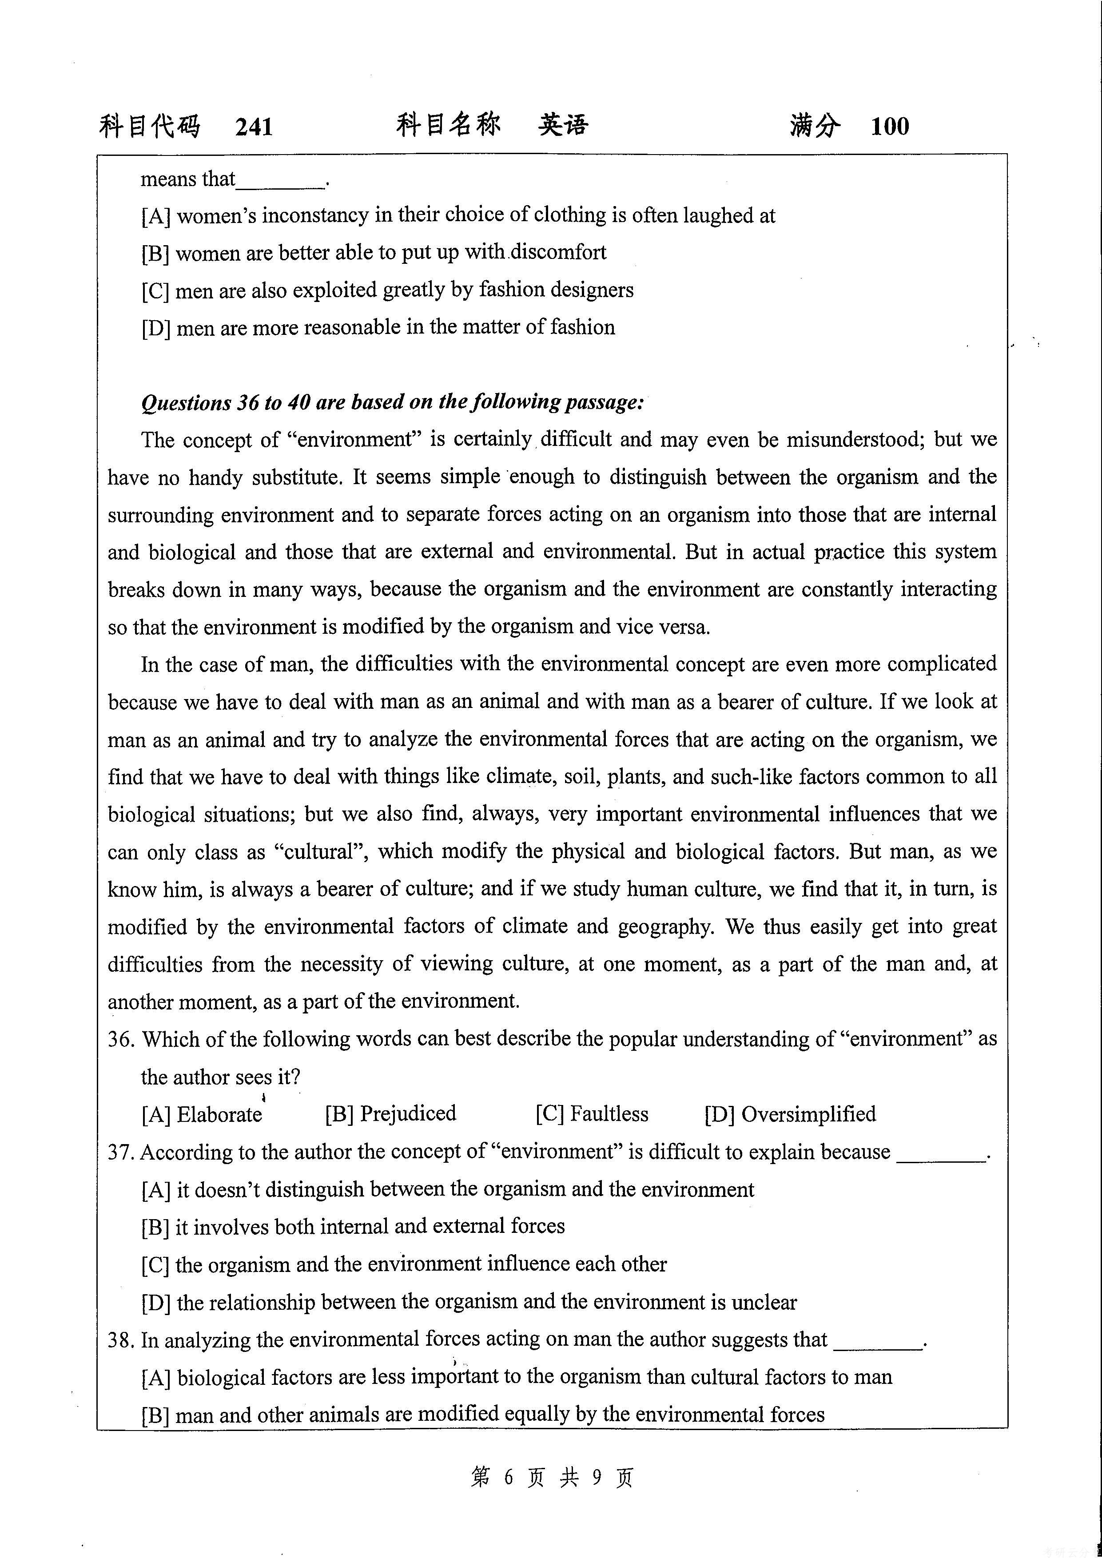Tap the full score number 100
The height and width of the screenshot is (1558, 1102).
pos(890,126)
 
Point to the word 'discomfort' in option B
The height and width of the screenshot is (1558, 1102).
pos(558,252)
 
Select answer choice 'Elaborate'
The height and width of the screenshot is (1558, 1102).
pos(219,1115)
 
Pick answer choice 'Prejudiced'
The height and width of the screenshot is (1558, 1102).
pos(408,1114)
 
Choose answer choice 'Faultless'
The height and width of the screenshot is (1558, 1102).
pos(609,1114)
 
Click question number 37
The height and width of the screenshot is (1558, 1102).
pos(121,1152)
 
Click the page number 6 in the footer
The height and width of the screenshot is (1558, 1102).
pos(508,1477)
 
